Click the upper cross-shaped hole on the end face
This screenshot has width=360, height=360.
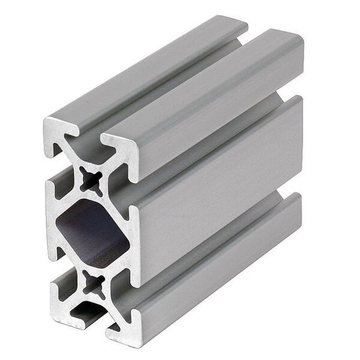coord(92,181)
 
